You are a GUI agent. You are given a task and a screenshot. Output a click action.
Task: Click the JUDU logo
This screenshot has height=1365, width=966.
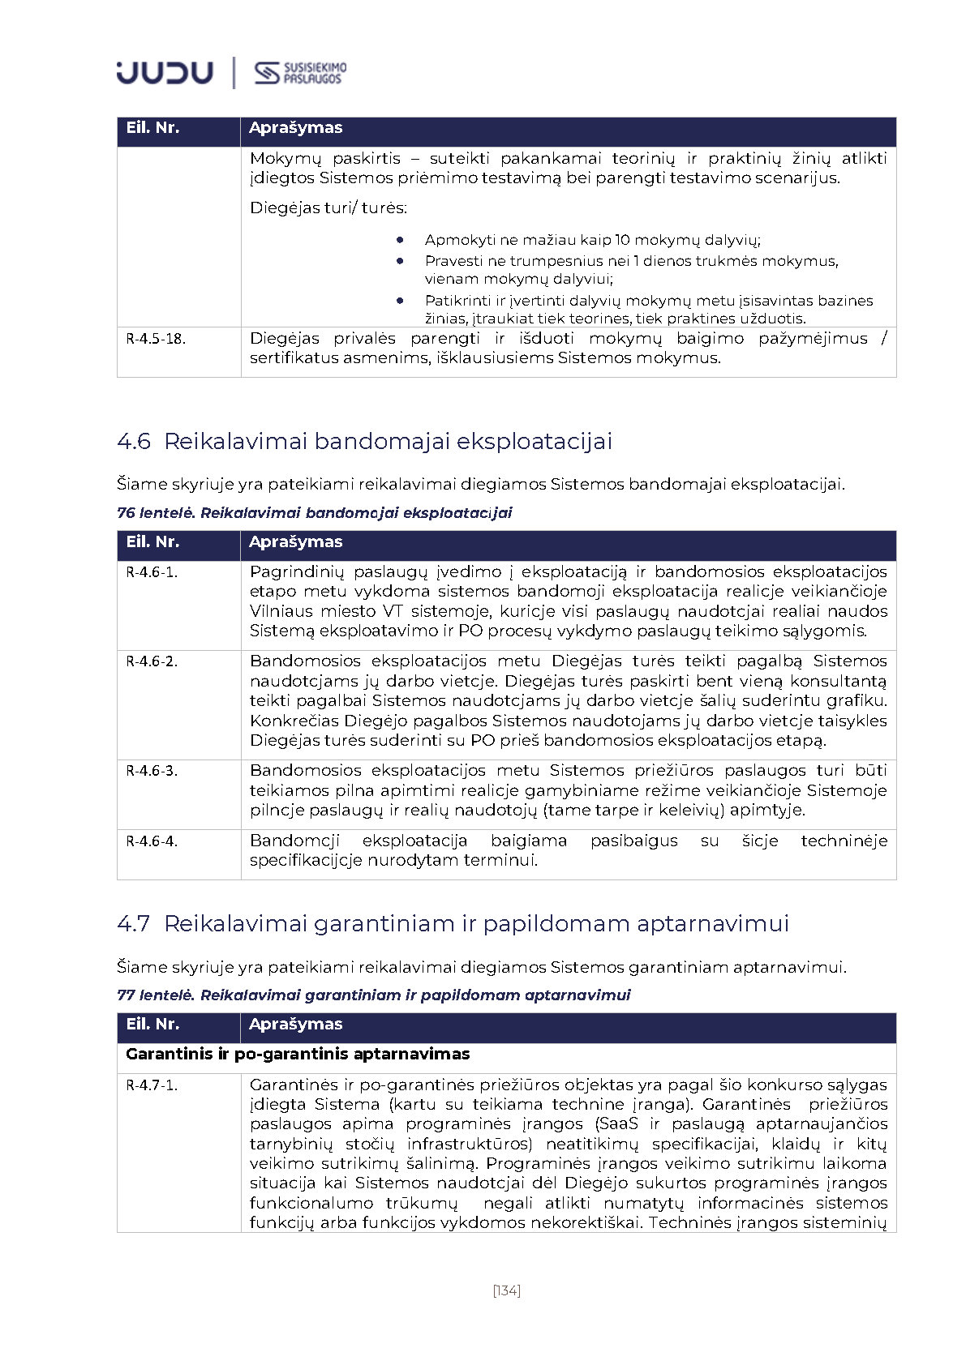165,73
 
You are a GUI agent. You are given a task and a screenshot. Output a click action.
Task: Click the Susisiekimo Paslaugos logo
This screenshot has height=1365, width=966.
300,73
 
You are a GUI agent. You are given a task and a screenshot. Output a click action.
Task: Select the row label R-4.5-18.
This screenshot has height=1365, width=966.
156,339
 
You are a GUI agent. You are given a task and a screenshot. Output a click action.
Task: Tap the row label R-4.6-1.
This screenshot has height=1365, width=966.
152,572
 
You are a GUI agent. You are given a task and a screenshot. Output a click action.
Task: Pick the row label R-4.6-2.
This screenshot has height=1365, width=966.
152,661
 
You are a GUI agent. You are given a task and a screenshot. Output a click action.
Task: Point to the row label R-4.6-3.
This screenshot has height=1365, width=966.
152,771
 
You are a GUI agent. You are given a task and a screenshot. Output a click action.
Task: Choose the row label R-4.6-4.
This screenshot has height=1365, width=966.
152,841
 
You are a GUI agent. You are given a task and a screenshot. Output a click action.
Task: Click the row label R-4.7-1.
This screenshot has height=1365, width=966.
152,1085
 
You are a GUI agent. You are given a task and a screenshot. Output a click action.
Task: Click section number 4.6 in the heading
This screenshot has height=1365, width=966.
134,442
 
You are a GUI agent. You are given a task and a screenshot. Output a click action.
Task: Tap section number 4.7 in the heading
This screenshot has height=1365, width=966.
134,924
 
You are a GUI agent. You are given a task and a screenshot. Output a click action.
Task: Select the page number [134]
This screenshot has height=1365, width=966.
506,1290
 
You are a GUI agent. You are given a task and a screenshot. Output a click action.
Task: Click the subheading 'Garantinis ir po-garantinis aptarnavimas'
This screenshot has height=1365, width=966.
298,1055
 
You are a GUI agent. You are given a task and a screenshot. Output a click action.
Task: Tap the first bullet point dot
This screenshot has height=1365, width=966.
401,240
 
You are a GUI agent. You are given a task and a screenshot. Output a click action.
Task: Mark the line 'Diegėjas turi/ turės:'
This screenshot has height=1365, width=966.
328,208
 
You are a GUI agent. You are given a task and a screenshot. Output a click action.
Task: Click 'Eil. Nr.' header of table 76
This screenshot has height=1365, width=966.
152,542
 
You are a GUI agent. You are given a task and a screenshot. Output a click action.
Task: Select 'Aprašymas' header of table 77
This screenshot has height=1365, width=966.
295,1025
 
